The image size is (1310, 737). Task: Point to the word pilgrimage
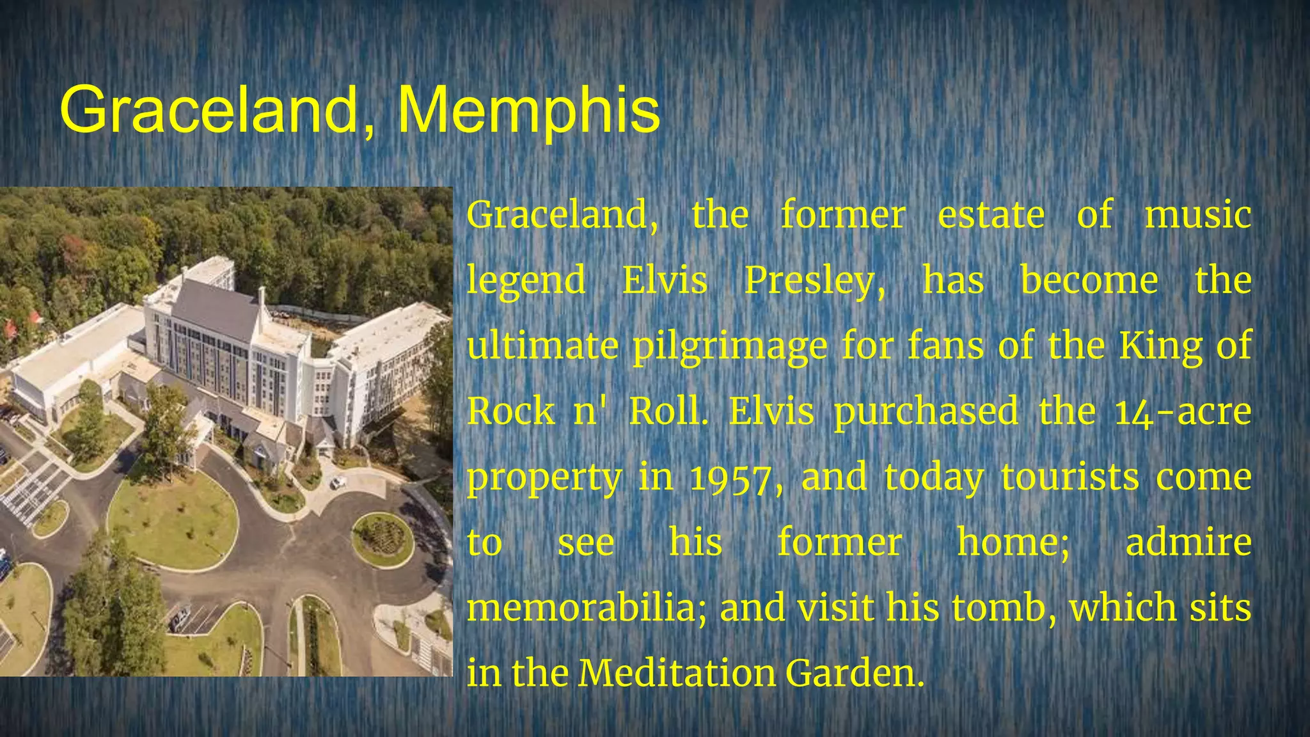(730, 347)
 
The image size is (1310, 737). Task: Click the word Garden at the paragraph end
(855, 673)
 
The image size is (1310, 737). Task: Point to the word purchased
(926, 411)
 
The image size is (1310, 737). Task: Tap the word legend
(526, 281)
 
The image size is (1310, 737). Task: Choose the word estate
(991, 215)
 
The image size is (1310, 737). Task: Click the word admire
(1188, 543)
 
